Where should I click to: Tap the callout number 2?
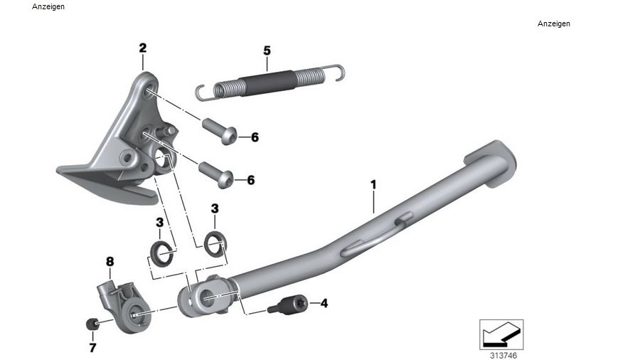click(142, 48)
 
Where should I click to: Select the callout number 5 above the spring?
click(267, 51)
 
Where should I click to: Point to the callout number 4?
click(324, 303)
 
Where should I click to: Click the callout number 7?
click(92, 348)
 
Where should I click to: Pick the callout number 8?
click(110, 262)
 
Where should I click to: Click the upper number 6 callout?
click(254, 137)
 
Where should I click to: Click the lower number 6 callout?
click(250, 180)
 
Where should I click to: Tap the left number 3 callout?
click(159, 223)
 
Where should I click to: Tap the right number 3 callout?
click(215, 208)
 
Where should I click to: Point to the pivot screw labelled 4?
click(288, 305)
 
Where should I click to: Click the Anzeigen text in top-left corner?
click(48, 6)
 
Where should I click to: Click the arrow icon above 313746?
click(501, 332)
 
